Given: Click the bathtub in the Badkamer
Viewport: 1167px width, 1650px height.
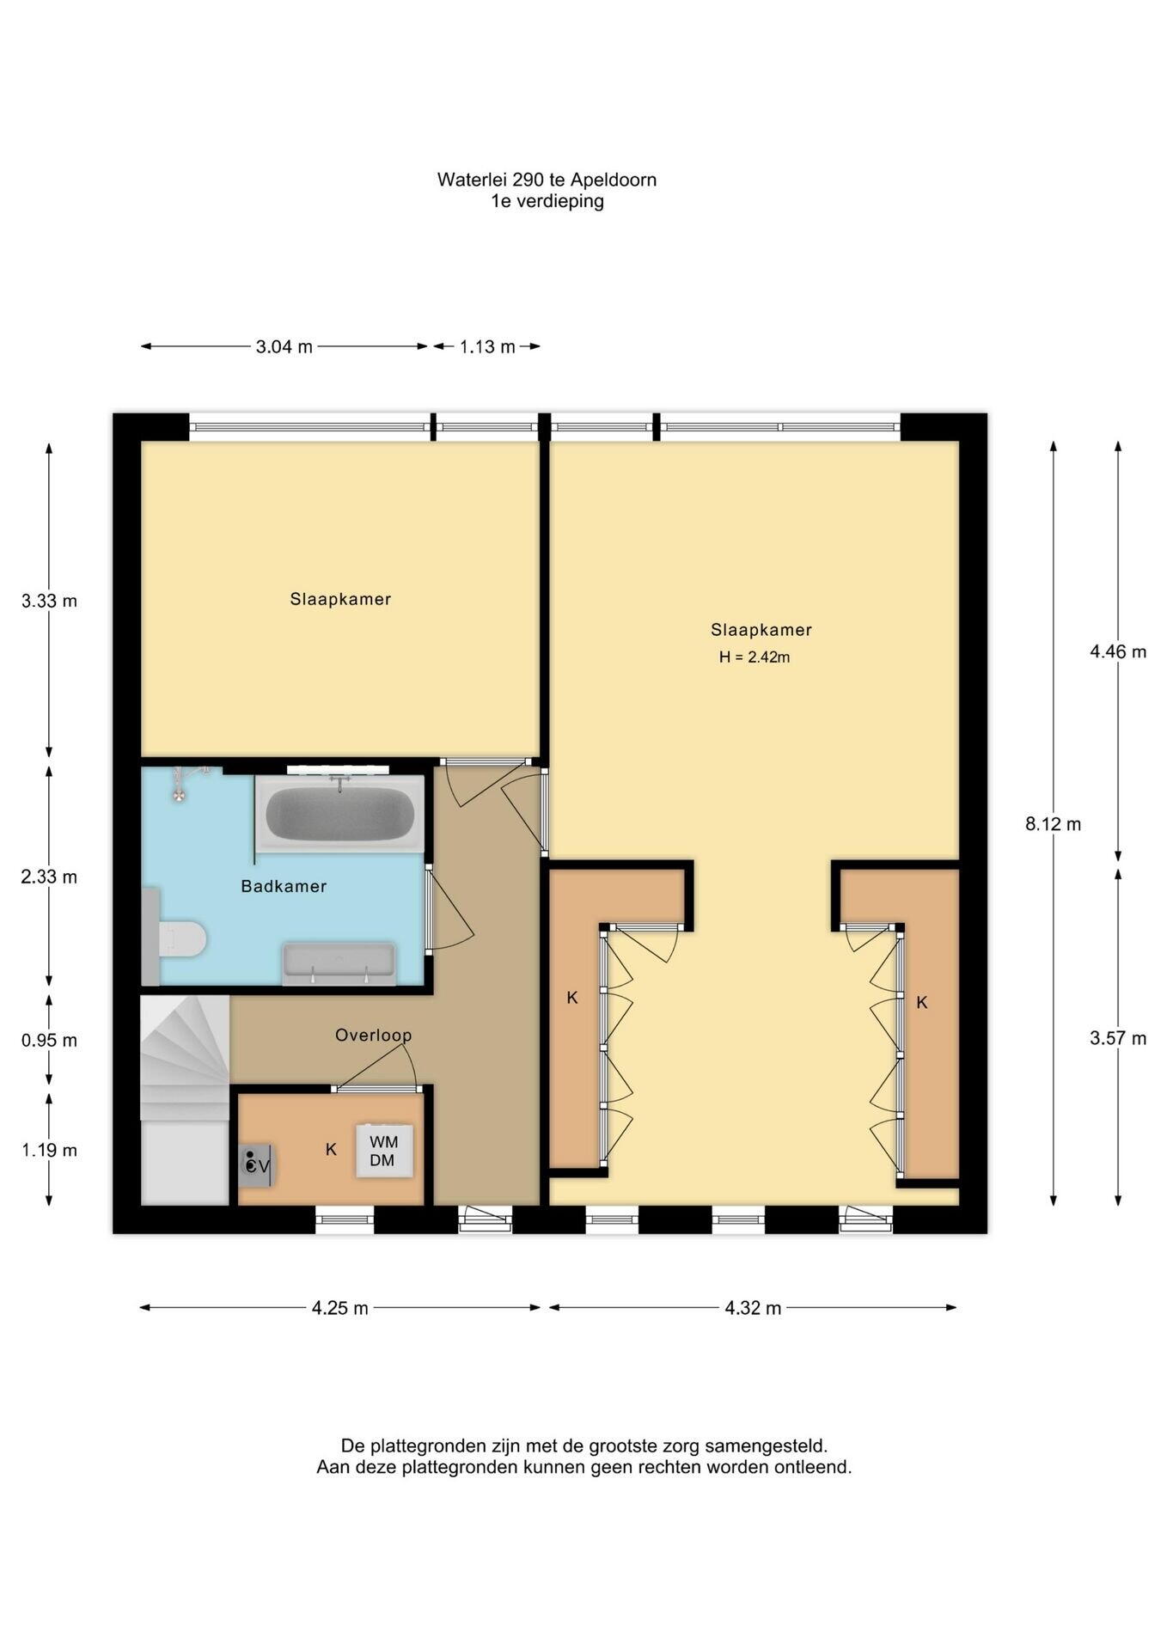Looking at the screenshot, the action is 339,814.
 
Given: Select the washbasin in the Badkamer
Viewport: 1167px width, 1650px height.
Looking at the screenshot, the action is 339,963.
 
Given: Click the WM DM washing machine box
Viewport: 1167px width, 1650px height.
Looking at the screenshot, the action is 384,1151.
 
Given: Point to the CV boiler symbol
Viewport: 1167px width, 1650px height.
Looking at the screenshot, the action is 257,1165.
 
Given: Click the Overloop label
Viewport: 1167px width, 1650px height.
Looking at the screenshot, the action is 374,1036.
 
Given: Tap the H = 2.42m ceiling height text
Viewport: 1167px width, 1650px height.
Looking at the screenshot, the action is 755,657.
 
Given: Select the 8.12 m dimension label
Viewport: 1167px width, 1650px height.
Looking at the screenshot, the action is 1053,824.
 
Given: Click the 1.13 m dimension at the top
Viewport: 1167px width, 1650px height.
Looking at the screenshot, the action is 487,347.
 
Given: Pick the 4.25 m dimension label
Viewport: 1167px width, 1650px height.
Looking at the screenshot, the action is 340,1308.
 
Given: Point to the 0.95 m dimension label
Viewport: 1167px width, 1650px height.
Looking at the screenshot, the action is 49,1041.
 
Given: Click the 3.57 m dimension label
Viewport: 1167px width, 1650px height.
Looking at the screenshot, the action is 1118,1038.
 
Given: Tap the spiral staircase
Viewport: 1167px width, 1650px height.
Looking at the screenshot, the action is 185,1057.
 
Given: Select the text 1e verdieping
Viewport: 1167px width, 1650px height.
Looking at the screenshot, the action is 547,201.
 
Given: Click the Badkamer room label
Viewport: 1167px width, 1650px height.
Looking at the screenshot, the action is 284,886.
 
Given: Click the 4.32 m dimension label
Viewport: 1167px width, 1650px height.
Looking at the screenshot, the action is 753,1308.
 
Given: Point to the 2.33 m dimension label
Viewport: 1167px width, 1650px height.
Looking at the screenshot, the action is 49,877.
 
